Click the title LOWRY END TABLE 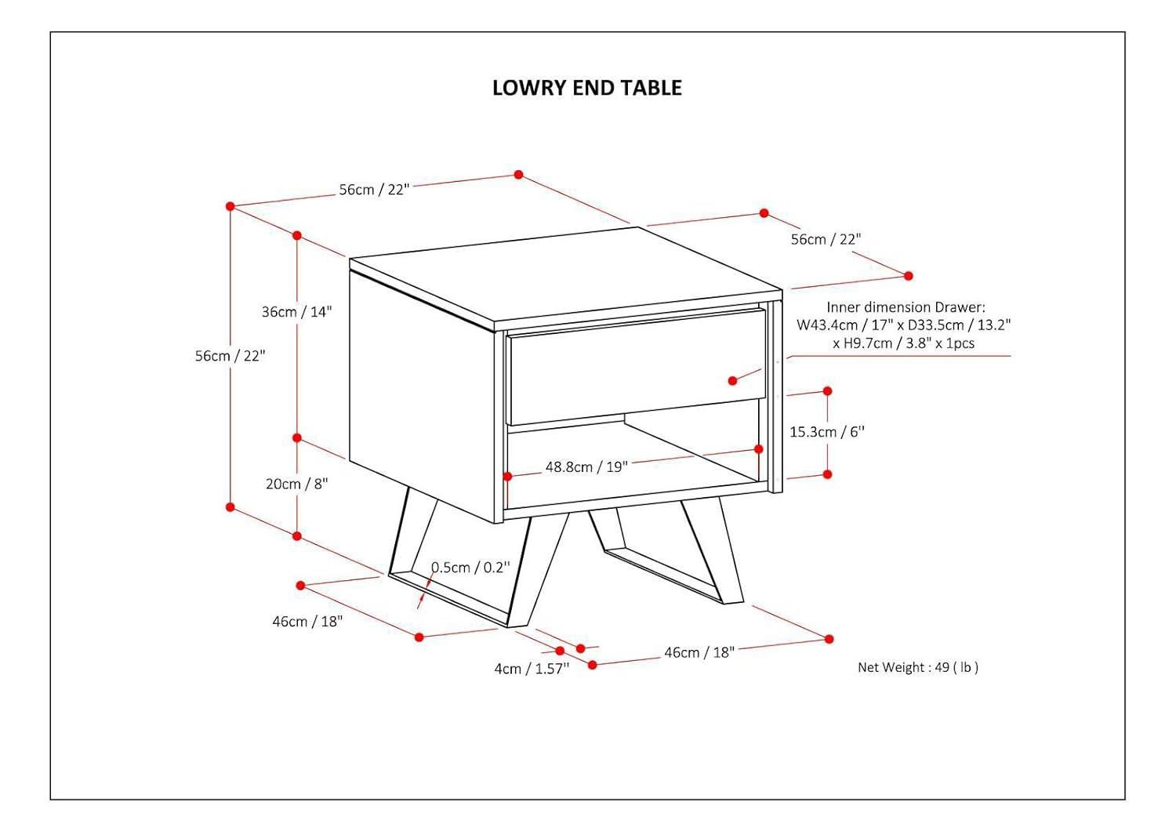tap(586, 88)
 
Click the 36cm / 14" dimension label tap(296, 312)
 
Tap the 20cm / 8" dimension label tap(296, 484)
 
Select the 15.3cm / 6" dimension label tap(826, 432)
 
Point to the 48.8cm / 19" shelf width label tap(586, 467)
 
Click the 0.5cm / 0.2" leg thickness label tap(470, 568)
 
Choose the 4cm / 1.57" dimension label tap(531, 669)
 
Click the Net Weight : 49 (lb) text tap(917, 667)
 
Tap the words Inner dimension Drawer tap(906, 307)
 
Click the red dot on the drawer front tap(732, 381)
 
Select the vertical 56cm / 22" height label tap(230, 356)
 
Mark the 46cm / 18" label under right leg tap(699, 652)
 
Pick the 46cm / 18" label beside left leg tap(307, 622)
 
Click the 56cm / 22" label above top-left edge tap(374, 190)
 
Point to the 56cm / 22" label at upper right tap(826, 240)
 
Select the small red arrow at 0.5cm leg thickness tap(422, 600)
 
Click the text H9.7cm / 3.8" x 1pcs tap(903, 343)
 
